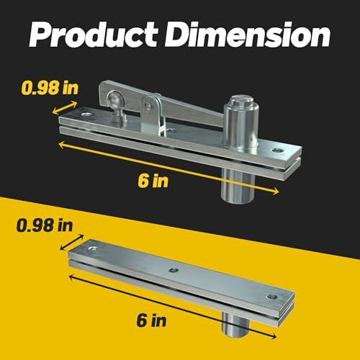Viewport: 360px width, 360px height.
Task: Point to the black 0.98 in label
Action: coord(43,225)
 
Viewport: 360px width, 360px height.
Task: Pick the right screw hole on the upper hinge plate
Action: coord(276,150)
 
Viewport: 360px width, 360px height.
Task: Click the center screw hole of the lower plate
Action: coord(174,271)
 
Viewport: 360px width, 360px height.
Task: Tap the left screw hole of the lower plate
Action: coord(92,249)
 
